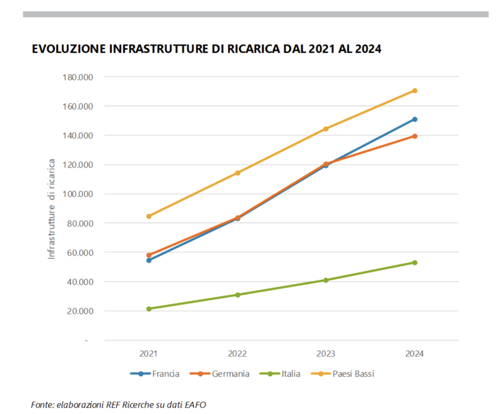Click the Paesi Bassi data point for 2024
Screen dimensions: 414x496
point(415,90)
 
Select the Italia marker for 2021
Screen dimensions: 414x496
point(149,309)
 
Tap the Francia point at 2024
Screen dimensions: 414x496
point(415,119)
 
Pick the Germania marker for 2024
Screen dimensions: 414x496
point(415,136)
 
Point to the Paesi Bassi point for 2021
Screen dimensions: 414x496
point(149,216)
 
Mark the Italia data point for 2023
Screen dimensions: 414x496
point(326,280)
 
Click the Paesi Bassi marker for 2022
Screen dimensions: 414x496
point(237,173)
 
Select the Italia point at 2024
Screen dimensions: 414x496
point(415,263)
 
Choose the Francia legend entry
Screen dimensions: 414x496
point(155,374)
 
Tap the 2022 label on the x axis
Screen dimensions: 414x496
point(237,354)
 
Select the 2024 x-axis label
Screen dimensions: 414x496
point(415,354)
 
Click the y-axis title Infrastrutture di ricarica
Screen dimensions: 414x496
point(52,208)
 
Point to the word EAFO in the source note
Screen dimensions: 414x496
point(197,404)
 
